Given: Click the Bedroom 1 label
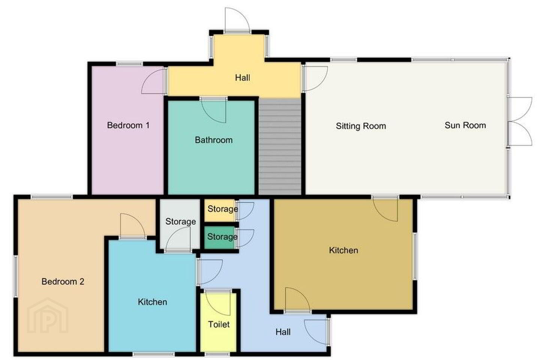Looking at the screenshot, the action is click(x=128, y=125).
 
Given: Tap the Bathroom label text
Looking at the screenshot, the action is click(x=214, y=140).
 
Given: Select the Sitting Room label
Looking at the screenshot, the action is click(x=361, y=126).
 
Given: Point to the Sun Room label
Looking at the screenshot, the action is click(x=465, y=125).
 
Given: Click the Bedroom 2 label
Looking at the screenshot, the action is click(x=63, y=281).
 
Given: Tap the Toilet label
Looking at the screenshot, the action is click(x=219, y=324).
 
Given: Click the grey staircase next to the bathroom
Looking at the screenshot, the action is click(x=280, y=146).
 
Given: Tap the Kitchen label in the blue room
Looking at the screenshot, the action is click(x=152, y=302).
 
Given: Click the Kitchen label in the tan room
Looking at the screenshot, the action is click(x=343, y=250).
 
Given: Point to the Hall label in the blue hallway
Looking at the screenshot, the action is click(x=283, y=332).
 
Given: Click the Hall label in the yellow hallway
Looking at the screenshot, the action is click(x=243, y=78).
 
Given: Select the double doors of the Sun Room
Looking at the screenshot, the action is click(x=520, y=121).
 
